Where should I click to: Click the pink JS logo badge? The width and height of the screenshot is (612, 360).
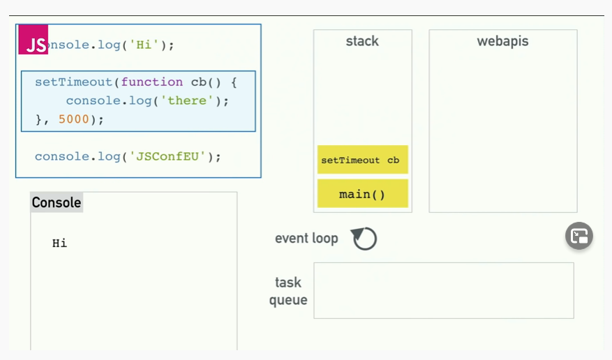coord(33,41)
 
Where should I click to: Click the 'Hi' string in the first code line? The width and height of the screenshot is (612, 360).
coord(146,45)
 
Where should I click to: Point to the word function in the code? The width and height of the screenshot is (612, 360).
coord(152,82)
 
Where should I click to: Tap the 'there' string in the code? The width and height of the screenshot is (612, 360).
coord(188,101)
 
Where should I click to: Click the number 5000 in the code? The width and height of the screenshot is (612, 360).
coord(74,119)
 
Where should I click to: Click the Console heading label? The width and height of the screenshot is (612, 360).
coord(57,203)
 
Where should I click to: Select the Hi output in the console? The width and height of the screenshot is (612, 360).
coord(60,243)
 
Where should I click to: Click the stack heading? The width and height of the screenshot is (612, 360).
coord(362,41)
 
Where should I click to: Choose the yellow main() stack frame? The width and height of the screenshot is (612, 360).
coord(362,194)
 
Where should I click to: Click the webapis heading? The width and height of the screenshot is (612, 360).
coord(502,41)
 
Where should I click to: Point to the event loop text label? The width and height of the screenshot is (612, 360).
coord(306,239)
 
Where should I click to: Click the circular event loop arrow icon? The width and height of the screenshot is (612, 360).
coord(364,239)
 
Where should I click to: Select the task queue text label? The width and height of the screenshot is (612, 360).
coord(288,291)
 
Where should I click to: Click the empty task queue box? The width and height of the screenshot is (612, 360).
coord(443,290)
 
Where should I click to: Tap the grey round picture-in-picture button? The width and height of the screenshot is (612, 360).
coord(579,237)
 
